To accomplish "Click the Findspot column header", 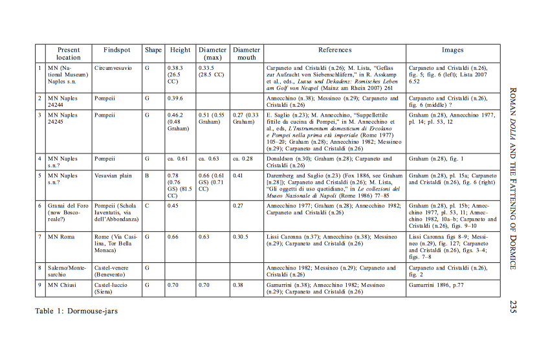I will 116,50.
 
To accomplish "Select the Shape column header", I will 153,50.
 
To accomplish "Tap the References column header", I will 334,50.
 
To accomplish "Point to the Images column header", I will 453,50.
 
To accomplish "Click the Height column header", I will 181,50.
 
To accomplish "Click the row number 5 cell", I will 40,175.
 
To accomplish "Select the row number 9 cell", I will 40,285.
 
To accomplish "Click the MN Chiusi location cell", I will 63,285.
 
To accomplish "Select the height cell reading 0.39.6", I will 175,98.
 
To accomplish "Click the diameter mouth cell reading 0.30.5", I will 241,237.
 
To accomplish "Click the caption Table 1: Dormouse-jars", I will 76,311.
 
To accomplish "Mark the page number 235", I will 512,306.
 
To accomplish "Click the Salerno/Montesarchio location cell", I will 68,271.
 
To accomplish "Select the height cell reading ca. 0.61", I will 179,158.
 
